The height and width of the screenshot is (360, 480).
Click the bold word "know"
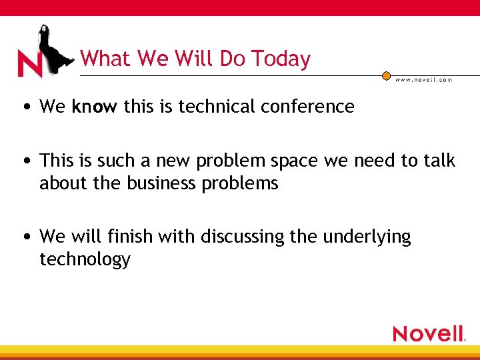[95, 106]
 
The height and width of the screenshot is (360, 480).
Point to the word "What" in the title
[106, 59]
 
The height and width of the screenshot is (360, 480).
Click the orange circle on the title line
[386, 75]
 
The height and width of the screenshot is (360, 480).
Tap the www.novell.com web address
[423, 80]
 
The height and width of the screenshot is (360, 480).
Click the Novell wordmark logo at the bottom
[429, 333]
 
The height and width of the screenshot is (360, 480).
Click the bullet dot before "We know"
[25, 107]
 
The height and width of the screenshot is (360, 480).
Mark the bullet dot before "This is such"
[25, 161]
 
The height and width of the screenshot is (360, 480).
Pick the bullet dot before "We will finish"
[25, 237]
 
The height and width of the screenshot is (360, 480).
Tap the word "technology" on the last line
[85, 259]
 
